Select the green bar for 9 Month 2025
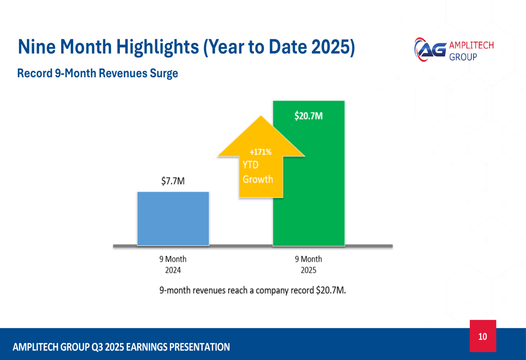tap(309, 200)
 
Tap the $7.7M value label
tap(173, 181)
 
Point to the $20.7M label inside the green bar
tap(308, 116)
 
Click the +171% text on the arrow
tap(260, 152)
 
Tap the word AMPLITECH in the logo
tap(471, 45)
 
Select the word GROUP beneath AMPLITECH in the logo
tap(463, 56)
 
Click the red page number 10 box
tap(483, 336)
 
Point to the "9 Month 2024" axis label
tap(173, 265)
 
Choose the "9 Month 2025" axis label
tap(308, 265)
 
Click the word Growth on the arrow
tap(258, 179)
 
